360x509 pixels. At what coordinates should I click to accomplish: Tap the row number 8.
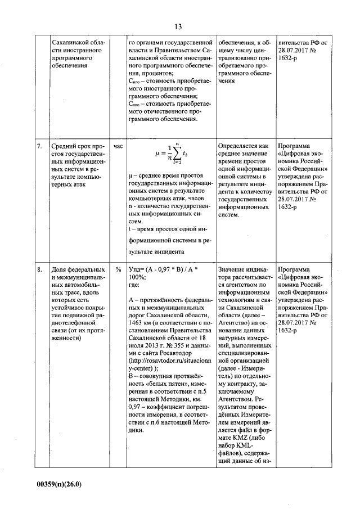click(x=39, y=269)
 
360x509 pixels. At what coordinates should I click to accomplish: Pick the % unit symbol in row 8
click(x=118, y=269)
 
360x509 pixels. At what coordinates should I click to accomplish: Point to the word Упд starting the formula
click(x=136, y=269)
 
